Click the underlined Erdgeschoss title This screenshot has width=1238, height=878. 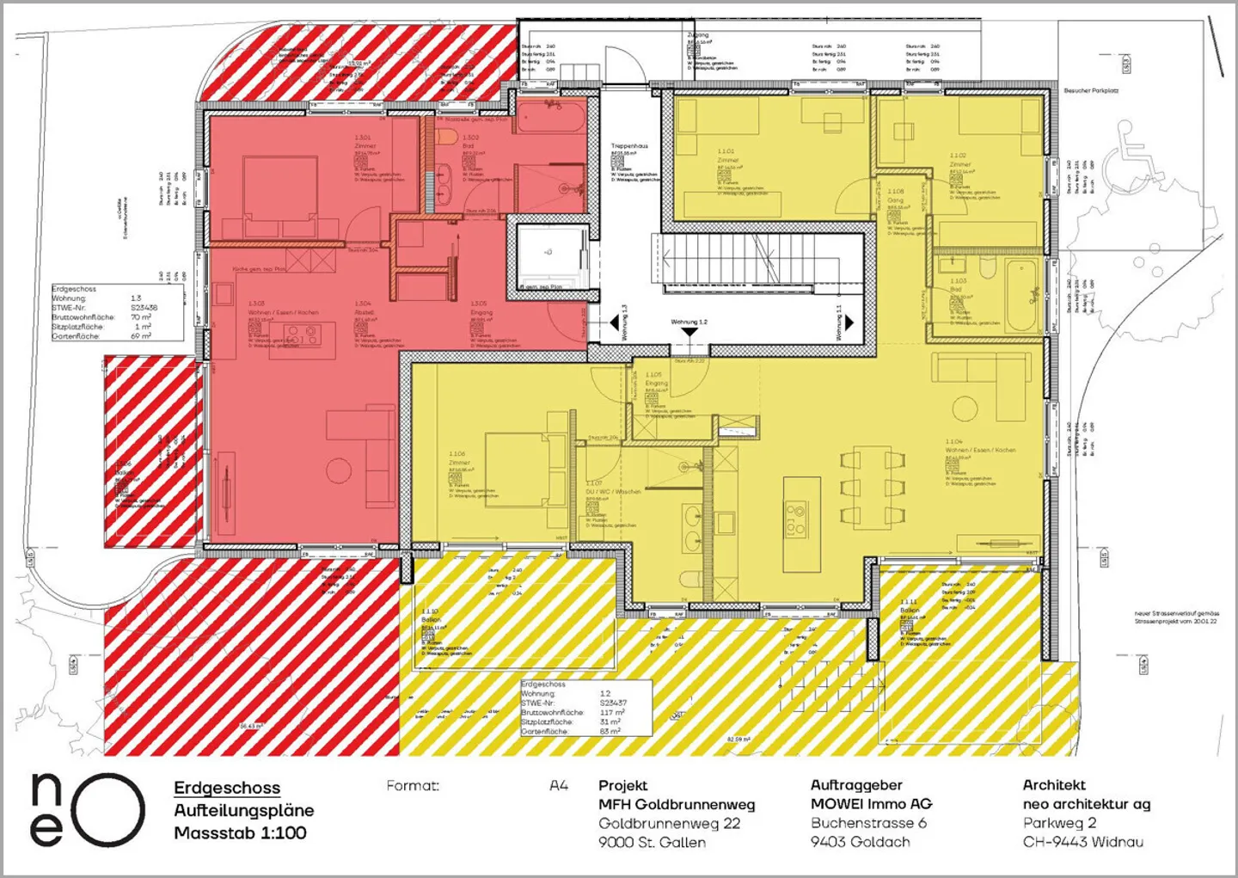[227, 788]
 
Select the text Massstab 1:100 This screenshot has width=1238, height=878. [240, 832]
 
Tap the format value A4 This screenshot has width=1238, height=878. [559, 785]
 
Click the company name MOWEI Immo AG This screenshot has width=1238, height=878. [871, 804]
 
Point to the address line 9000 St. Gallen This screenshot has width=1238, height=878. [652, 842]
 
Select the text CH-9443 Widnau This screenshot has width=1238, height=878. [1082, 842]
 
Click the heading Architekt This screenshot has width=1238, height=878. [1054, 785]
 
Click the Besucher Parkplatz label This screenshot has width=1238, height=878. [1091, 90]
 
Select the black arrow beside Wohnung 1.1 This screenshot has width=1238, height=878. [849, 322]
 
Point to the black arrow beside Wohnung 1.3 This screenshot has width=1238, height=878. [614, 323]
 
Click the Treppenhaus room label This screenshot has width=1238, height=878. [629, 147]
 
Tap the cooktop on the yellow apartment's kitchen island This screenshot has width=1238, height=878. [796, 517]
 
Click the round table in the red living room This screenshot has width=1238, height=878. [339, 470]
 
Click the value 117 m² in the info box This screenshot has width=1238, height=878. [612, 712]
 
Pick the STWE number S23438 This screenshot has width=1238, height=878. [144, 307]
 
